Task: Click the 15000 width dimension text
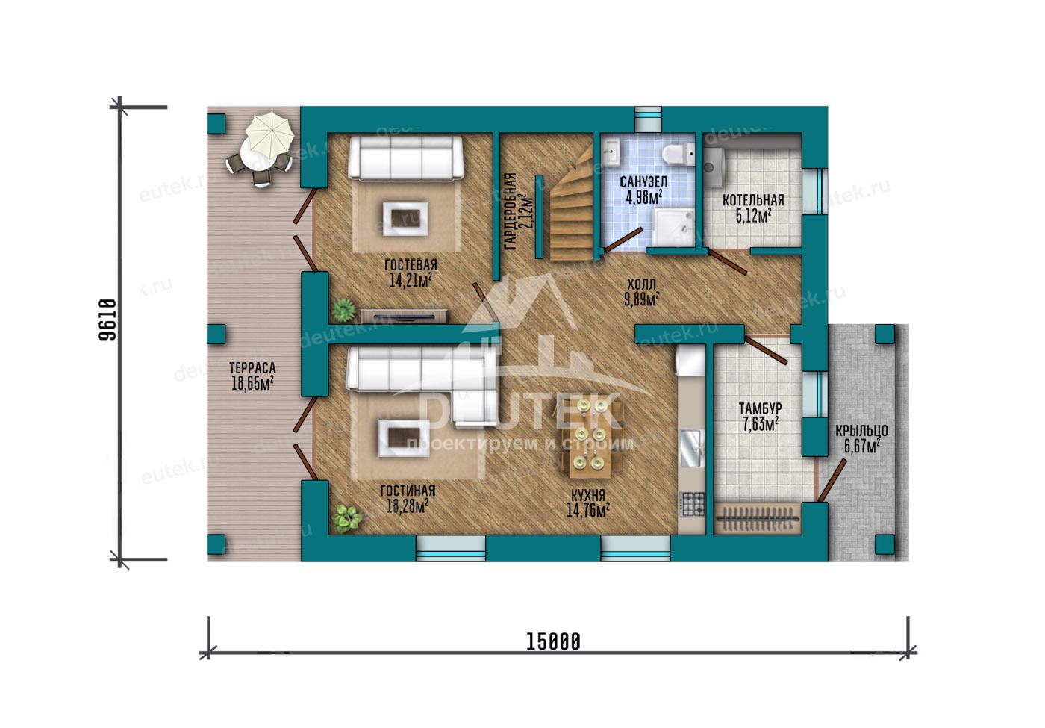point(553,642)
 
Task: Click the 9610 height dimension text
point(107,320)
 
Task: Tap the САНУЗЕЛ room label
point(643,182)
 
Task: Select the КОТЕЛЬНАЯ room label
point(753,201)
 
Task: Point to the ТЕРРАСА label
point(252,367)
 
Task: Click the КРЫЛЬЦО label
point(861,430)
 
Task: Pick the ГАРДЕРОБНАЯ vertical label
point(511,211)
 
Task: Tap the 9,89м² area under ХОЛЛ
point(641,299)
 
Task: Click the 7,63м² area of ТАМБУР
point(760,424)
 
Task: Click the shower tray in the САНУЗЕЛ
point(673,227)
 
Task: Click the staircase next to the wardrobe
point(572,205)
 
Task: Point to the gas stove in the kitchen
point(693,504)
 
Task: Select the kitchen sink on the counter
point(693,449)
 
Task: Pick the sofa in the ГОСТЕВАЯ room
point(406,158)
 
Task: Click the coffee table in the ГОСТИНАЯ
point(404,438)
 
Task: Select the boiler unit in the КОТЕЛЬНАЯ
point(714,167)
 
